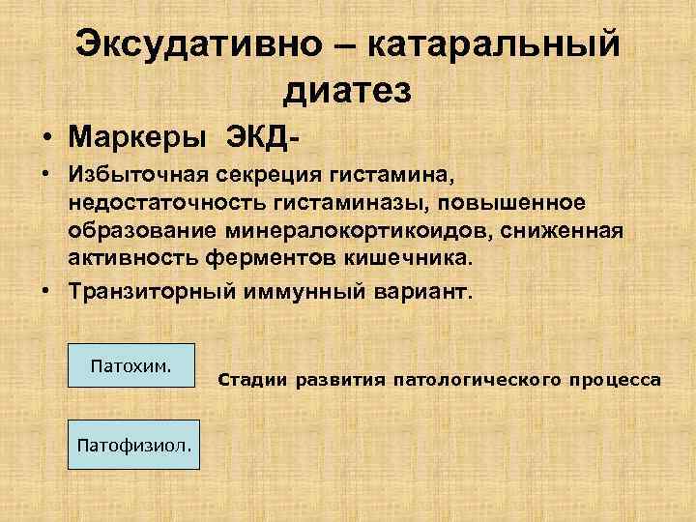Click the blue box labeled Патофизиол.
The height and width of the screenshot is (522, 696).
tap(132, 444)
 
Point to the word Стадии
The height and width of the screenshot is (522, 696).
tap(253, 380)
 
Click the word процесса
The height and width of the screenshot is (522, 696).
tap(615, 380)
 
